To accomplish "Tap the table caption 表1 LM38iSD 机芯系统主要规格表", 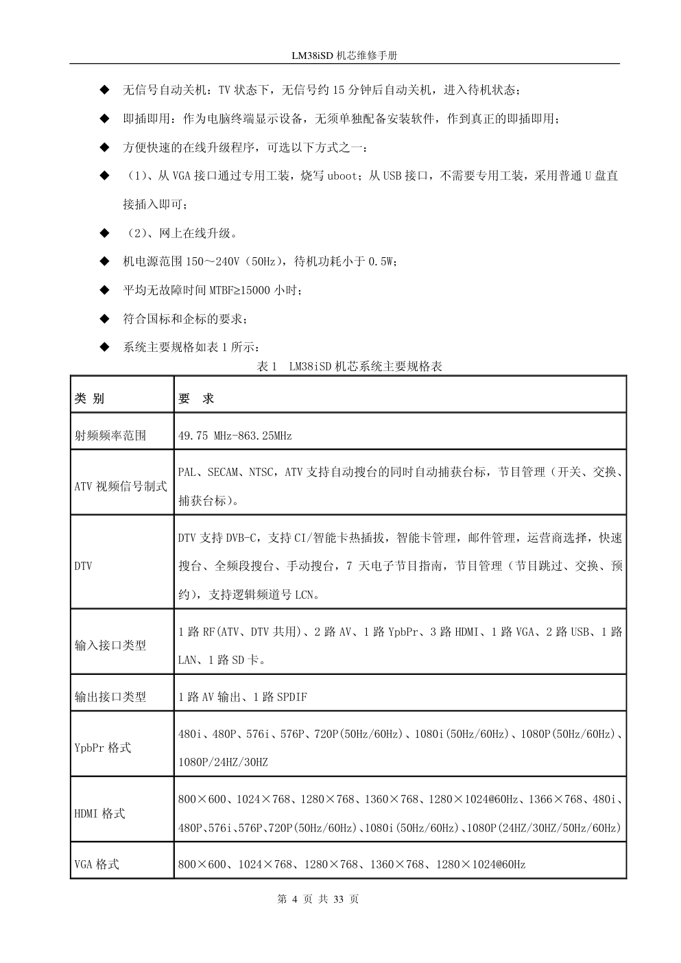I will click(349, 366).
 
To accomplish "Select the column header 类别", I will click(89, 399).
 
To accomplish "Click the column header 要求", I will click(196, 399).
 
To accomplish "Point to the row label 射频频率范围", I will click(110, 435).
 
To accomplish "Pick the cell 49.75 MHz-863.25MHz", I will click(235, 436).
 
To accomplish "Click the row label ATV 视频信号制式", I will click(120, 486).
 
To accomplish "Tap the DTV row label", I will click(83, 566).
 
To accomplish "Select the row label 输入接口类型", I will click(110, 645).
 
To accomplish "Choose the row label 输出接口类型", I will click(110, 696).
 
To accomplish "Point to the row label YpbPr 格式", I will click(102, 748).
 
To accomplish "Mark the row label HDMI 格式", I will click(99, 813).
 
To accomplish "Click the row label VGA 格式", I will click(96, 864).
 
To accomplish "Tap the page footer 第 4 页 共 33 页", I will click(318, 899).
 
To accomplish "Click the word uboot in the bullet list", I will click(342, 176).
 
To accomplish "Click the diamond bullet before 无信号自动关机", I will click(104, 90).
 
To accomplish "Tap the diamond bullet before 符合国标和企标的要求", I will click(104, 319).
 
